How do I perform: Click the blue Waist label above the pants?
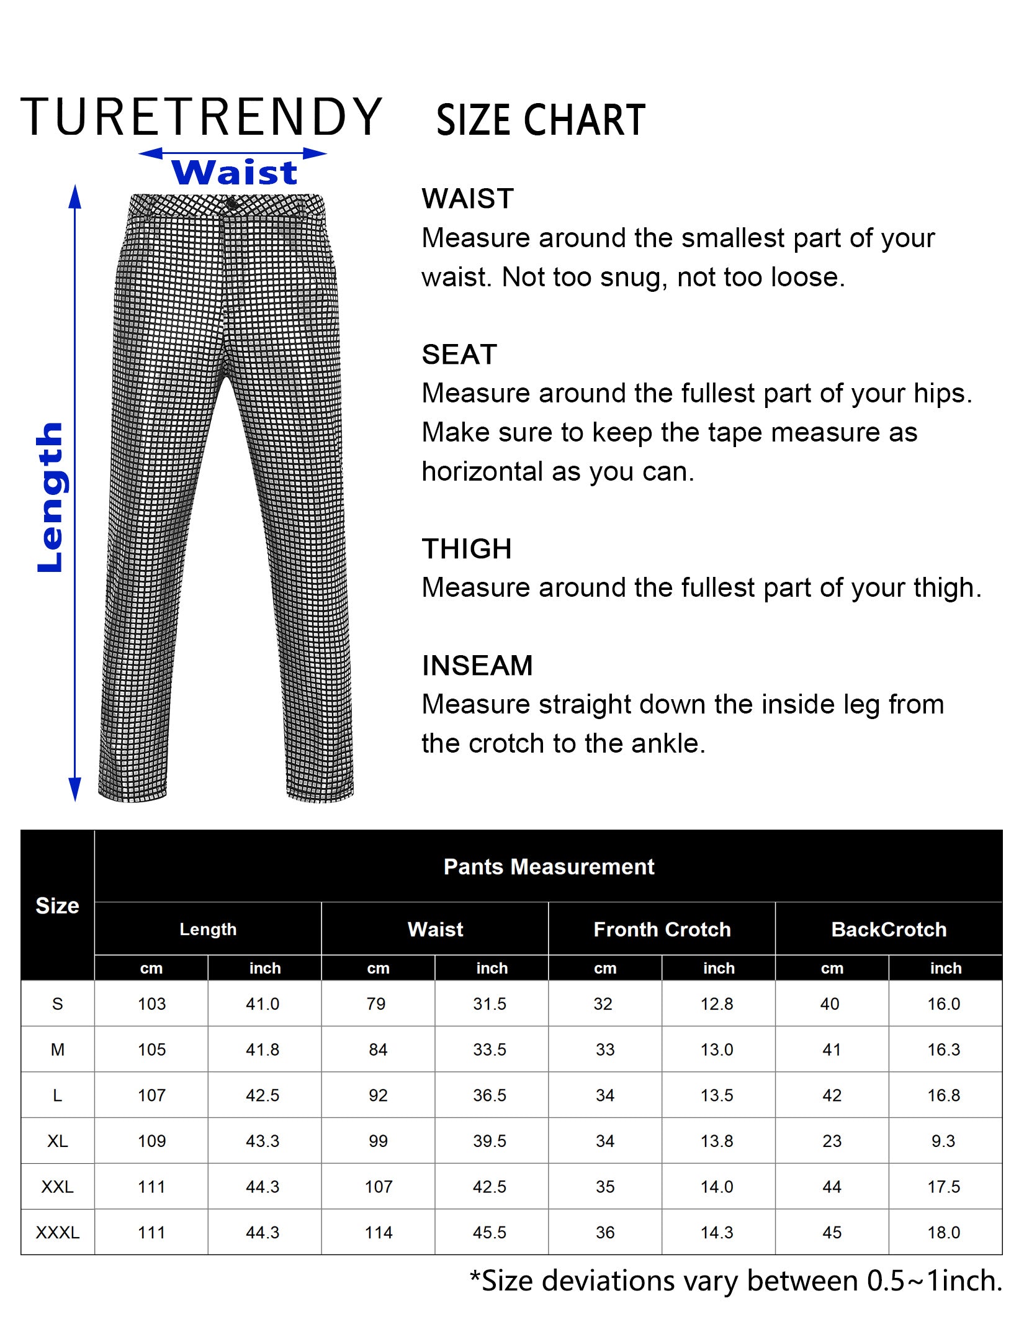(235, 172)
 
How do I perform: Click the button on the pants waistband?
(231, 204)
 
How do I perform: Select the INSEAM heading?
(477, 666)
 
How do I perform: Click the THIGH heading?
(467, 549)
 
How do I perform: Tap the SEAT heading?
(459, 355)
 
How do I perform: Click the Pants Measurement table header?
(549, 867)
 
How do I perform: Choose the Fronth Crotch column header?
(662, 930)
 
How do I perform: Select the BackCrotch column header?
(889, 930)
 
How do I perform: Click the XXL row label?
(57, 1187)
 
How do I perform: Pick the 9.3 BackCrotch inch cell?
(943, 1141)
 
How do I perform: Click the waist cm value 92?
(378, 1095)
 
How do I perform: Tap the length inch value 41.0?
(263, 1004)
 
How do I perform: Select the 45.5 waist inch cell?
(490, 1233)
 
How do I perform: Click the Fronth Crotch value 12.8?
(717, 1004)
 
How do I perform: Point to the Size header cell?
(57, 906)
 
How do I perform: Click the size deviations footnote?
(735, 1281)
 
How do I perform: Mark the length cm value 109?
(151, 1141)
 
